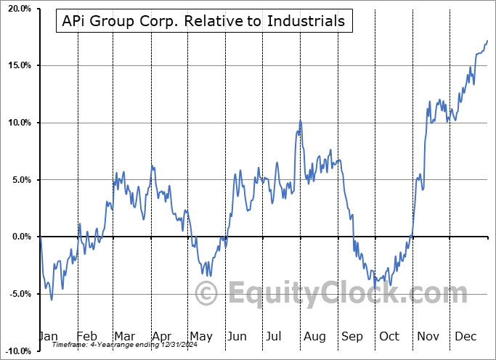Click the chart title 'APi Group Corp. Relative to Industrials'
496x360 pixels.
pos(204,21)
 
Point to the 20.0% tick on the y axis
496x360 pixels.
pos(17,9)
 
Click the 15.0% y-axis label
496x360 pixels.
pos(17,66)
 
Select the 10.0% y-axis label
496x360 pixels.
pos(17,123)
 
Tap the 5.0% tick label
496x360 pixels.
pos(20,180)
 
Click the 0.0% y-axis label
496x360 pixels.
pos(20,237)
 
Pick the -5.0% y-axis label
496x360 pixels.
pos(18,294)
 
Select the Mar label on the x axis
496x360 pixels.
pos(124,336)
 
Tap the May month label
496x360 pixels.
pos(200,336)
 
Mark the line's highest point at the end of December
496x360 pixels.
pos(487,41)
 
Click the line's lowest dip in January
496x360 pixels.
pos(51,299)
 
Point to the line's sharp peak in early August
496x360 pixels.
pos(300,120)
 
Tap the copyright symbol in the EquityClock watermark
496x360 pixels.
pos(208,294)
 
